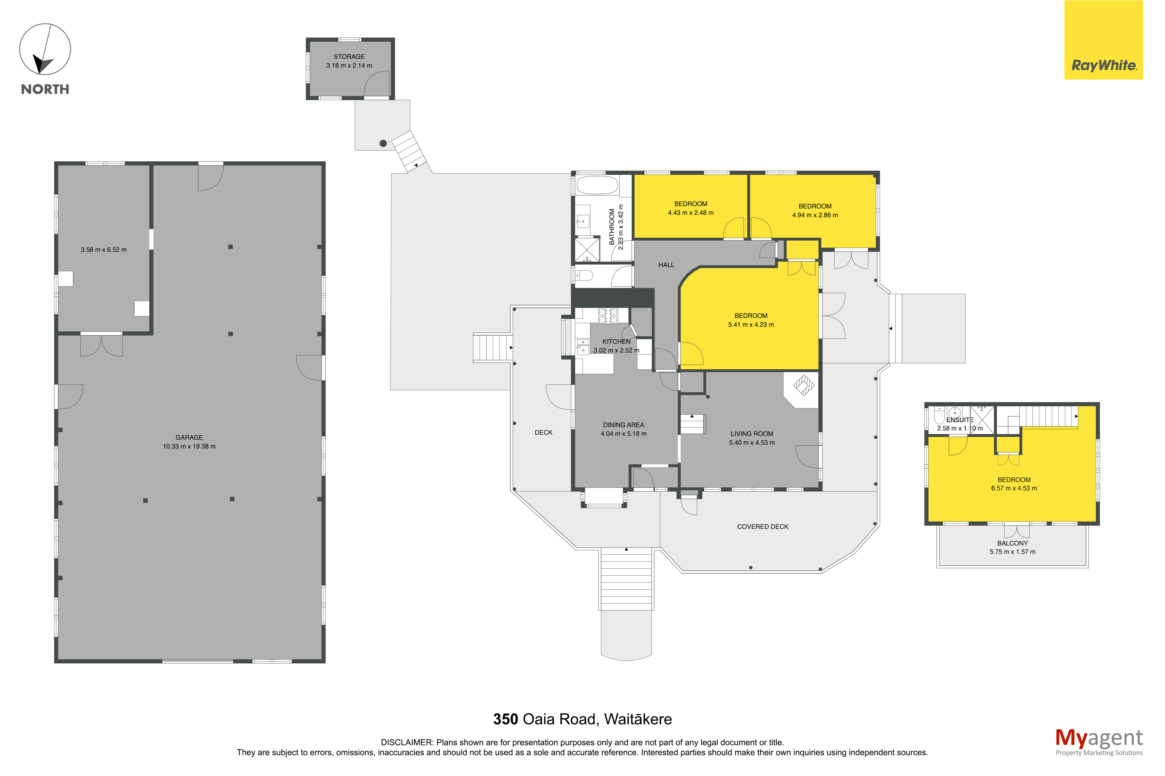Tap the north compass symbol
45,50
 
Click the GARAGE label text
189,438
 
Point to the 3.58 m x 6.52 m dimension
104,250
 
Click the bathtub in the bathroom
597,185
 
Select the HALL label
666,265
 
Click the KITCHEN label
616,341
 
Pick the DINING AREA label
623,425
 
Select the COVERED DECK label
763,527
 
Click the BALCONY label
1012,543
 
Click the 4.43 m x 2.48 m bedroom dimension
691,213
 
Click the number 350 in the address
506,719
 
